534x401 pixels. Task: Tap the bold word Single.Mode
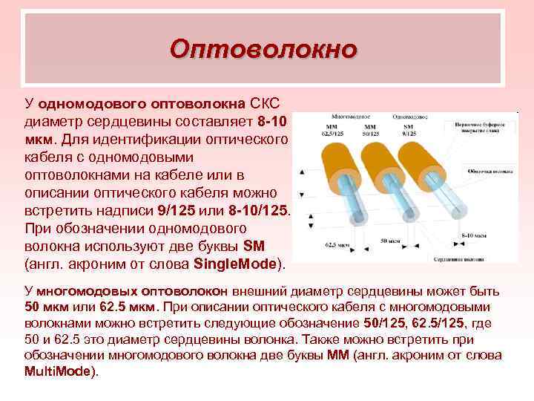pyautogui.click(x=234, y=264)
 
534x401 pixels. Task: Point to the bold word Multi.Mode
pyautogui.click(x=59, y=371)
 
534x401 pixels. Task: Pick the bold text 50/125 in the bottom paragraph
pyautogui.click(x=383, y=325)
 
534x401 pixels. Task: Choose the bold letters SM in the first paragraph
pyautogui.click(x=254, y=246)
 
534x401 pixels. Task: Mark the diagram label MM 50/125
pyautogui.click(x=369, y=131)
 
